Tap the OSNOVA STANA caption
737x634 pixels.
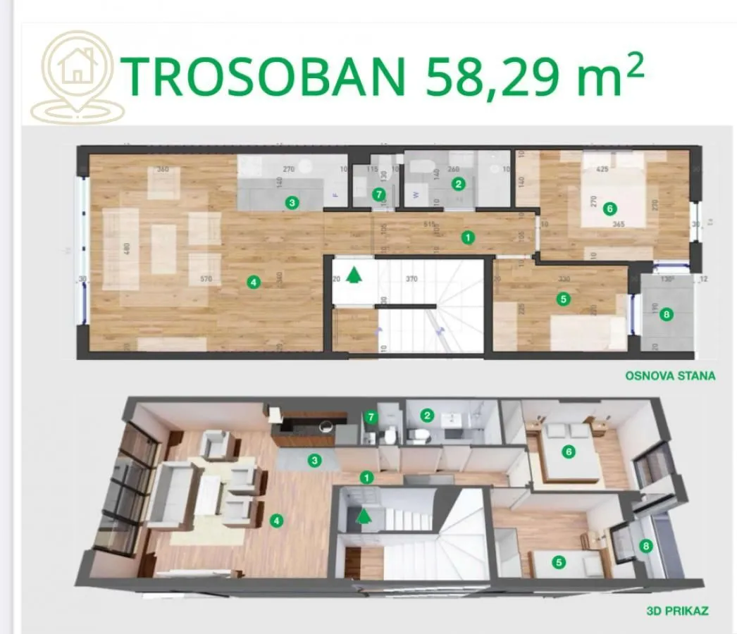[669, 375]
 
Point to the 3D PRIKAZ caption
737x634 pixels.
[677, 611]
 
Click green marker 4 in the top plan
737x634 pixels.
[254, 282]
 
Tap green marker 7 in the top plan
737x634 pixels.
[378, 194]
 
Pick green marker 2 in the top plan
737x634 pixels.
[459, 185]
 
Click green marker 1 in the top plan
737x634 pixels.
[468, 237]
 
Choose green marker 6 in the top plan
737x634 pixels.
[610, 209]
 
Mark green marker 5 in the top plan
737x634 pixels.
[562, 299]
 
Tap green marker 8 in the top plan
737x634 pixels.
[667, 315]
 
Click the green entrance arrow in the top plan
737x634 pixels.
[355, 274]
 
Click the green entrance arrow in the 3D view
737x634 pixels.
[364, 516]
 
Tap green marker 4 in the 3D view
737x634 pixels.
[278, 521]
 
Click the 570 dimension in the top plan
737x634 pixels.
[206, 280]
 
